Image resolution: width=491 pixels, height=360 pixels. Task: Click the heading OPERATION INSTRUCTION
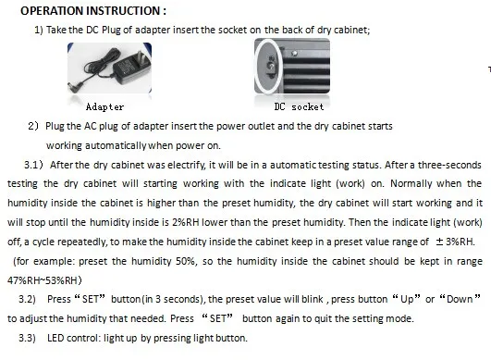click(x=93, y=11)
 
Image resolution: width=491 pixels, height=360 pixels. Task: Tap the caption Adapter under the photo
click(x=104, y=107)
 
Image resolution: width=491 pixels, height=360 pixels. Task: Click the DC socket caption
click(x=299, y=107)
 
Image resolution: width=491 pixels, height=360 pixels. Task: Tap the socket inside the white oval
click(x=271, y=67)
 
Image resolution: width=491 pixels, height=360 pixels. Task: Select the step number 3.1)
click(x=33, y=165)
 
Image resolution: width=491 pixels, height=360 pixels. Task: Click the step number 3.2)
click(x=27, y=299)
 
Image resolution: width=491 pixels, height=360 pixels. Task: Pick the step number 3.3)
click(x=27, y=338)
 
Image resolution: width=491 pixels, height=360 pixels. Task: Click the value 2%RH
click(x=185, y=222)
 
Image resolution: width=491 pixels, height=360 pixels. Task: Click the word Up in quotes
click(x=407, y=299)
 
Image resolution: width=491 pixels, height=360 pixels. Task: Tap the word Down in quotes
click(x=460, y=299)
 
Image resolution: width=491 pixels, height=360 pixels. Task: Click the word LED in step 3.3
click(x=55, y=338)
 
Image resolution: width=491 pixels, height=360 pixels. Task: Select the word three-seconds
click(x=449, y=165)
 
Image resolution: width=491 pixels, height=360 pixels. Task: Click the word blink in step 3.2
click(x=313, y=299)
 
